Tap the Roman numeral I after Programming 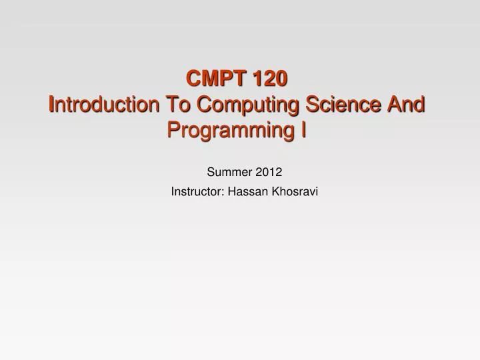pyautogui.click(x=303, y=130)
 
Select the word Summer pyautogui.click(x=229, y=172)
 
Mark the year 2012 pyautogui.click(x=268, y=172)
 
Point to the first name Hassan pyautogui.click(x=246, y=192)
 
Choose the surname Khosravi pyautogui.click(x=295, y=192)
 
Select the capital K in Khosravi pyautogui.click(x=275, y=192)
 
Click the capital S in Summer pyautogui.click(x=211, y=172)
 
